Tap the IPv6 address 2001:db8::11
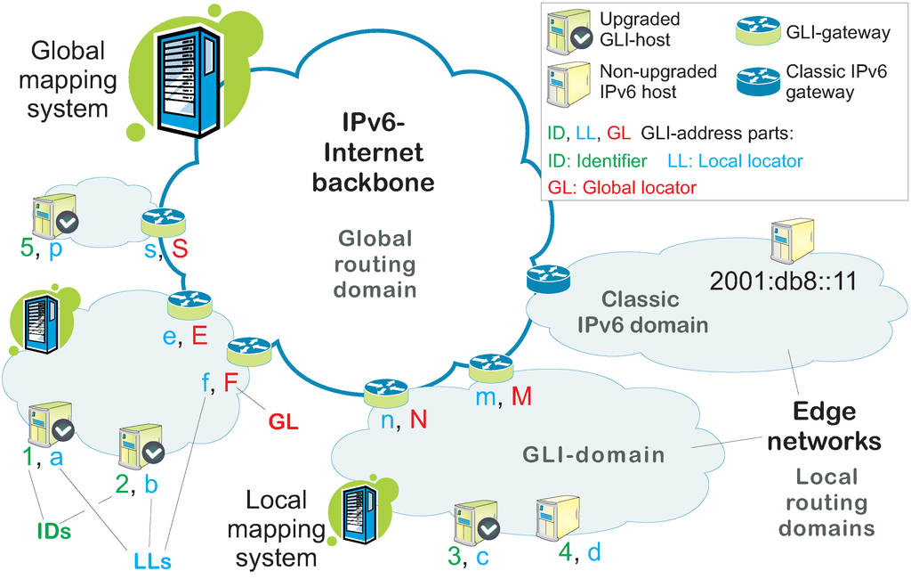782,282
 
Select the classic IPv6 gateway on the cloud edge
546,280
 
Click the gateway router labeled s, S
163,222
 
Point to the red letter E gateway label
198,335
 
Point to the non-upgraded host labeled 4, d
557,518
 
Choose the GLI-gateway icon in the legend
754,33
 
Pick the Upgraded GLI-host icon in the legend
568,32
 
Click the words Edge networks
824,426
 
